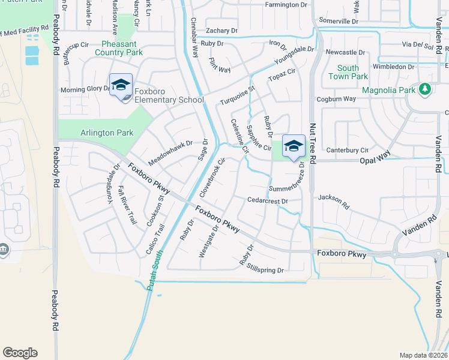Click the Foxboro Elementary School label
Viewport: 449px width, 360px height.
[169, 95]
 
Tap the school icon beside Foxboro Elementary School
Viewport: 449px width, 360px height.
[121, 85]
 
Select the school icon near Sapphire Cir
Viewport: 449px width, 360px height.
[294, 146]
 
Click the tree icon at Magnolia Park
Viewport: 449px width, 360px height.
[426, 89]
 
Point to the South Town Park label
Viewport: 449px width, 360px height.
[348, 73]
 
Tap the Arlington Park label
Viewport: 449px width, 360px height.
[99, 133]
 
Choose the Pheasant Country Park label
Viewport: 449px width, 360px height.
[114, 49]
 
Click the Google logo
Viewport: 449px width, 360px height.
[20, 353]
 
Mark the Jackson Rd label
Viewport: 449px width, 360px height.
[334, 201]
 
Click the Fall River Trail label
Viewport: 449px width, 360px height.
[127, 205]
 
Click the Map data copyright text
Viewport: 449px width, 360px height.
[424, 355]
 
